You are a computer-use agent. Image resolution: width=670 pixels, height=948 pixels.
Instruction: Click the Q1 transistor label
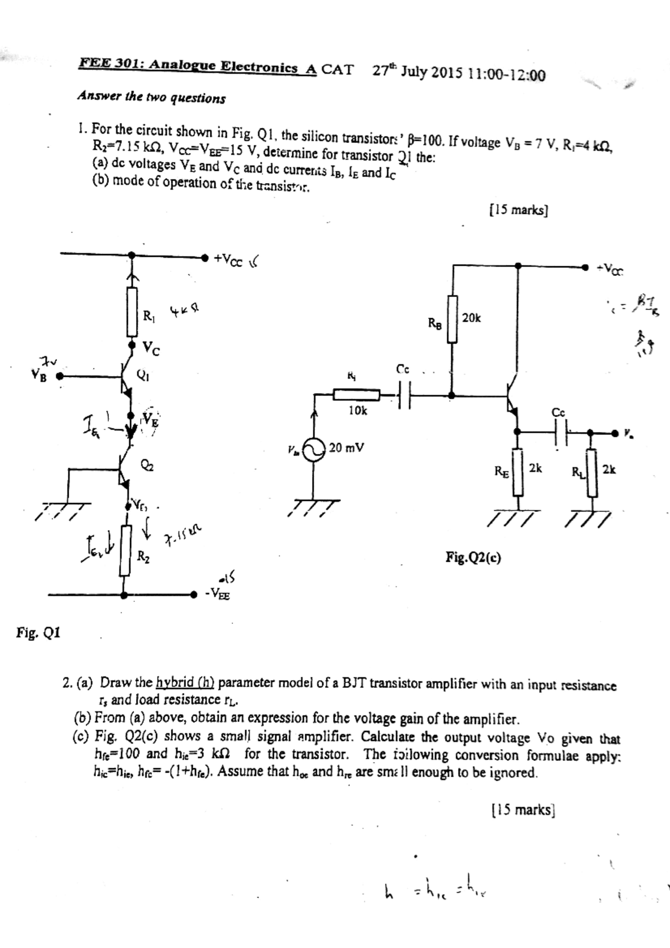[x=143, y=375]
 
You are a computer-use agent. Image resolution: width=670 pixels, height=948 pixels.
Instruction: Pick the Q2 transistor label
[x=147, y=466]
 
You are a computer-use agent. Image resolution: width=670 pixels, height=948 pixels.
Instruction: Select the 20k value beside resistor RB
[x=471, y=318]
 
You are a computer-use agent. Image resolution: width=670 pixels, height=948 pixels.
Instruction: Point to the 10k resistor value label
[x=357, y=410]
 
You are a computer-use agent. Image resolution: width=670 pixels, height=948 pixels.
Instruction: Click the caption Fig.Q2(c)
[x=473, y=557]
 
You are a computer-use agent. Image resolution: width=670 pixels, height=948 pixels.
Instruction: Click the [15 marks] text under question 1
[x=518, y=210]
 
